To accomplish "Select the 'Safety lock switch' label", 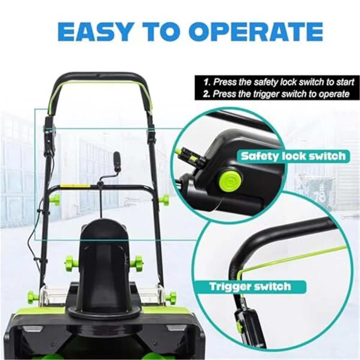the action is click(x=293, y=156).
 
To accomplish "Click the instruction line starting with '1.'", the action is click(x=278, y=82).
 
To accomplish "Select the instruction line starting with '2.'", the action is click(x=276, y=93).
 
